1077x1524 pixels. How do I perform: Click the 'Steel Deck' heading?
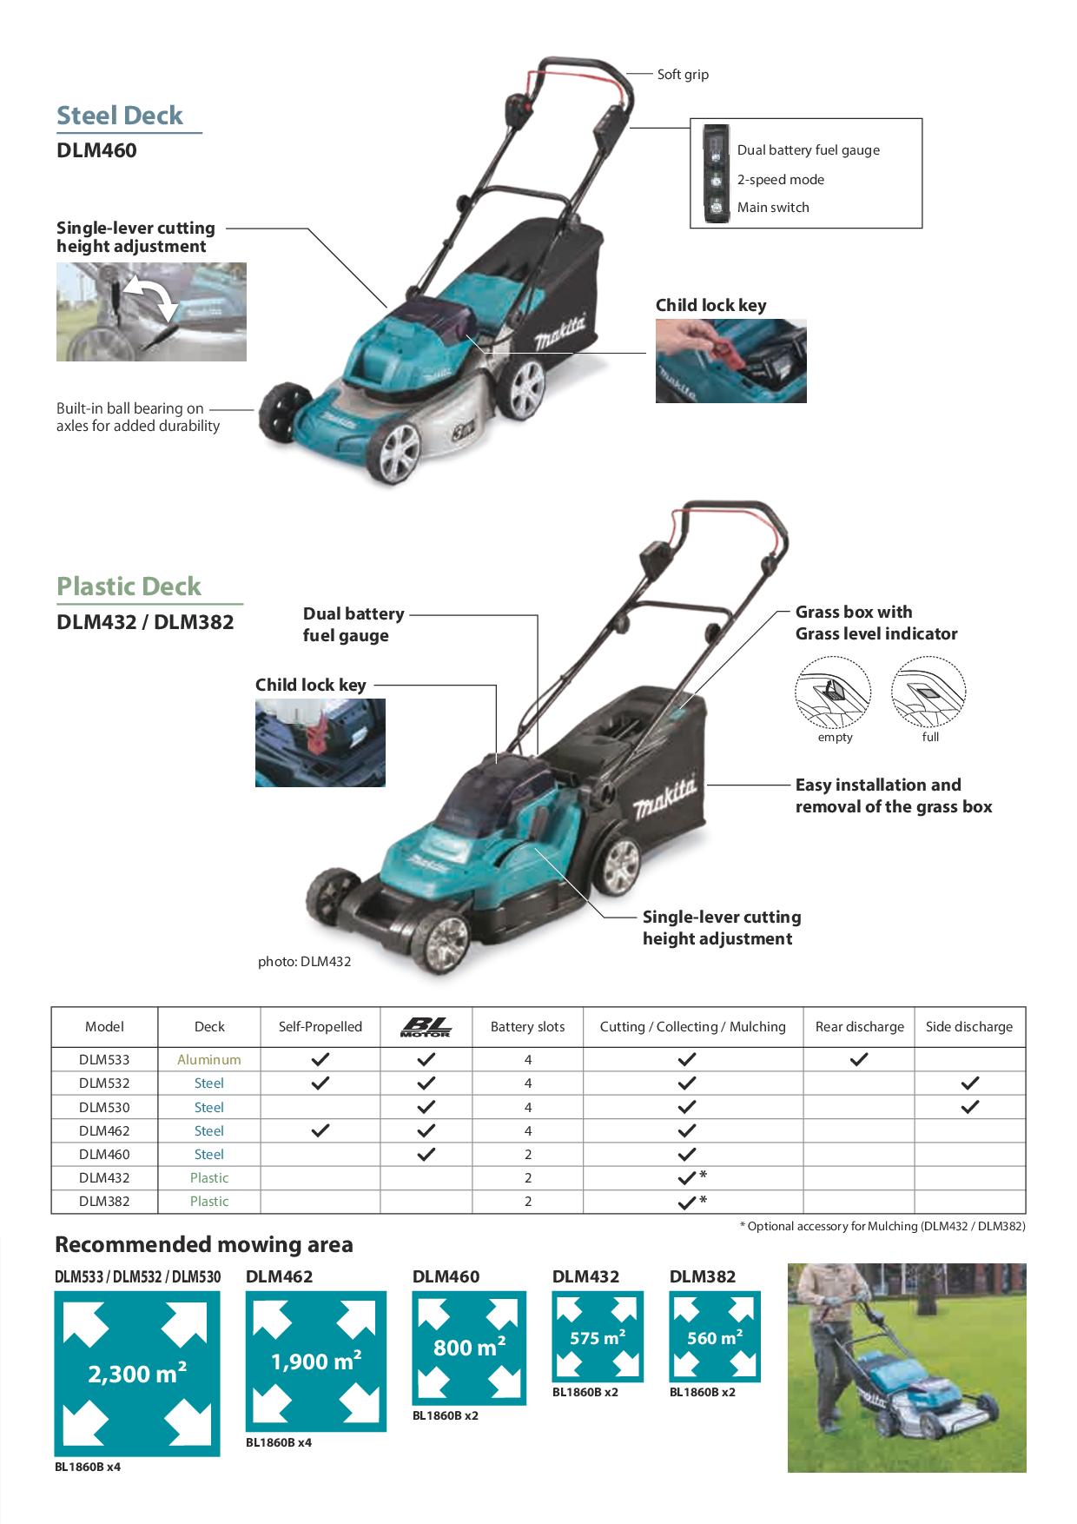(120, 116)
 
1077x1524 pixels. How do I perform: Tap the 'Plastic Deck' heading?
(129, 586)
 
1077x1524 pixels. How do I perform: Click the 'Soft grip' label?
(683, 75)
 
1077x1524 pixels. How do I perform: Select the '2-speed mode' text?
(780, 180)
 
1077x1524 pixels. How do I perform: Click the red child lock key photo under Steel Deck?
(730, 361)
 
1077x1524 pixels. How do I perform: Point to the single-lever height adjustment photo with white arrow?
(151, 312)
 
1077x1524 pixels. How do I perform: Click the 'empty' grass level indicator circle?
(832, 692)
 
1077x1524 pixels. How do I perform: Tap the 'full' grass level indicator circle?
(928, 692)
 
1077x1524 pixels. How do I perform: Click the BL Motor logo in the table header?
(426, 1027)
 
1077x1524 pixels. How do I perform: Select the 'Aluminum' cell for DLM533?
(209, 1060)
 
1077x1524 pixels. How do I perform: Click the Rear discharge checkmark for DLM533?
(858, 1060)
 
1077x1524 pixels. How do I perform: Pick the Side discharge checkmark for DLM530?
(969, 1107)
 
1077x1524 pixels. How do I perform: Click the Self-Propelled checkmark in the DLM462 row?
(320, 1130)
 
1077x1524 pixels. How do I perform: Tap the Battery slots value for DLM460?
(527, 1155)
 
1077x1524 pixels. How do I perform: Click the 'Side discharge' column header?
(969, 1027)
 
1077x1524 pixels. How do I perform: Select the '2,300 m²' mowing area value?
(137, 1374)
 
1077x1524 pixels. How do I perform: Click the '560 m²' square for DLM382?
(715, 1337)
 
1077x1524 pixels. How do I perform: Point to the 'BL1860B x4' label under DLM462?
(279, 1442)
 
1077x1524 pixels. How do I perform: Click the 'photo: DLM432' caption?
(304, 962)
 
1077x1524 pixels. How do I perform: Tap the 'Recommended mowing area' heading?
(204, 1245)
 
